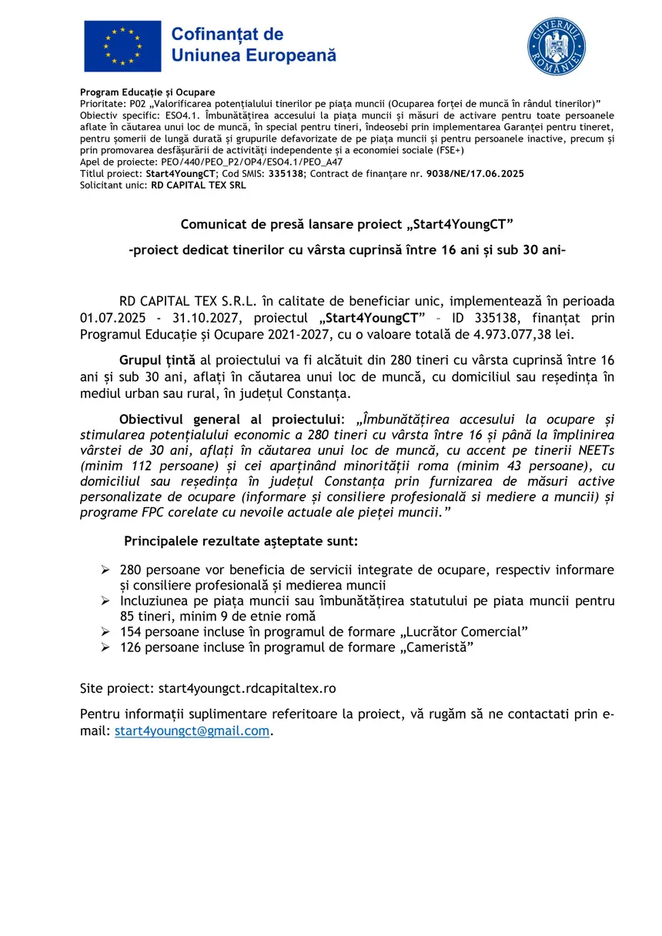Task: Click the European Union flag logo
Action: coord(122,45)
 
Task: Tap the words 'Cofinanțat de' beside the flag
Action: coord(227,35)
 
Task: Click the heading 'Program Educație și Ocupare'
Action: coord(148,92)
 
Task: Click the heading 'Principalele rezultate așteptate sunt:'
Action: coord(241,541)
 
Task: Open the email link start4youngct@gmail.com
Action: coord(192,731)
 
